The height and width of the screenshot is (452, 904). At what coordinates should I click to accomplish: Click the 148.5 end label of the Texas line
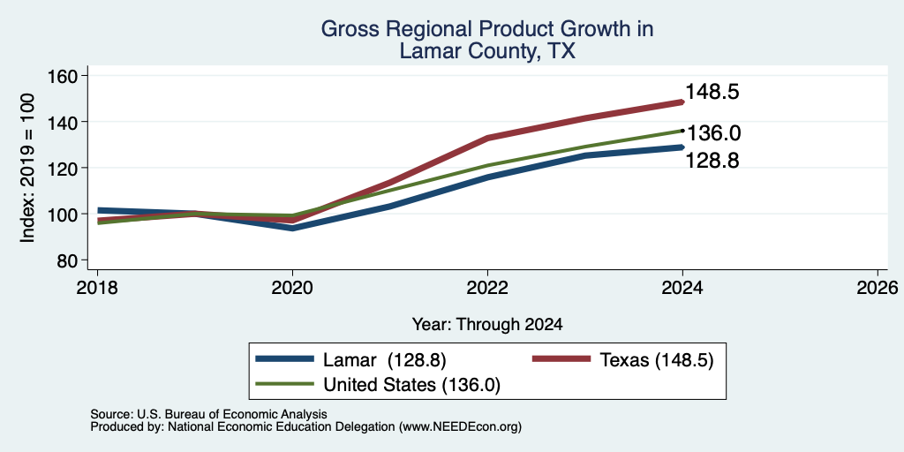point(712,92)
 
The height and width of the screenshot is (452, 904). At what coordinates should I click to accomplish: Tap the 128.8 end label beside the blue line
point(712,161)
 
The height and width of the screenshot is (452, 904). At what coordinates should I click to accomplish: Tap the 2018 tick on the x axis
point(97,287)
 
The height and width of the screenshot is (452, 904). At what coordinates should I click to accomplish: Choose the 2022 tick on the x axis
point(487,287)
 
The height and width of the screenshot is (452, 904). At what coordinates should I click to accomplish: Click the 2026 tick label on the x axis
point(878,287)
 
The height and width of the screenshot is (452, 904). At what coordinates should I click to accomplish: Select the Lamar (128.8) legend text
point(385,360)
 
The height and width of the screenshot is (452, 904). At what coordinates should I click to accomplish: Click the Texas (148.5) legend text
point(657,360)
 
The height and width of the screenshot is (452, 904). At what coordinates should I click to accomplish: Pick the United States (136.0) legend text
point(411,385)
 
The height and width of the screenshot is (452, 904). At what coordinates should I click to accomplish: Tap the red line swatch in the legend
point(561,359)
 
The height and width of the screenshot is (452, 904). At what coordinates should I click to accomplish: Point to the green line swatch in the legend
point(285,383)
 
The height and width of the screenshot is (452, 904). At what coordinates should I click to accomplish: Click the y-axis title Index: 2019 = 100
point(27,168)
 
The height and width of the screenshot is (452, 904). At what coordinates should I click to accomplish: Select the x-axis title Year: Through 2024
point(487,325)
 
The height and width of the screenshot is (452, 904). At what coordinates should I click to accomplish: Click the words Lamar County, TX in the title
point(487,51)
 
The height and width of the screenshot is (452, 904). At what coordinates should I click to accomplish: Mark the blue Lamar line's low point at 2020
point(293,229)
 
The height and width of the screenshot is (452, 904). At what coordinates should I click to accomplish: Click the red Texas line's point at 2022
point(487,138)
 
